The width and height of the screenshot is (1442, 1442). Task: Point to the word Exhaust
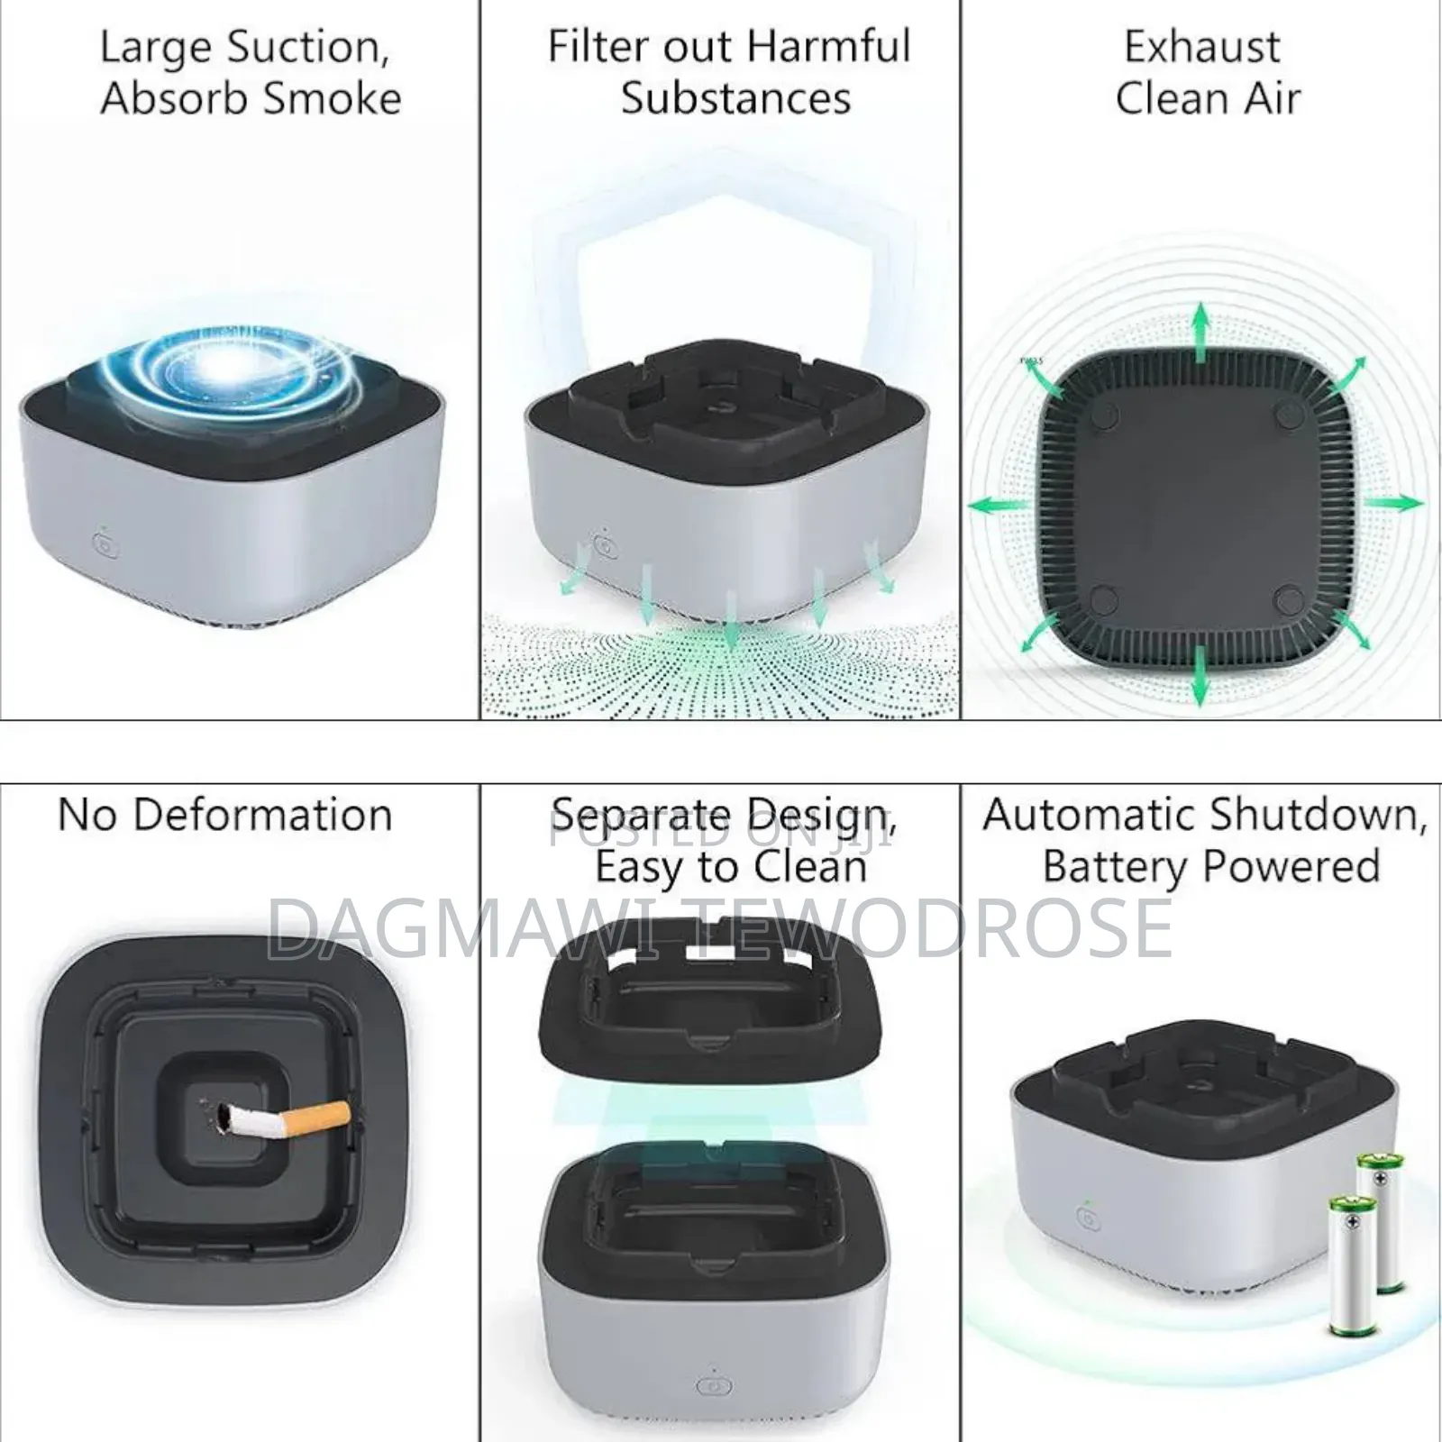1202,47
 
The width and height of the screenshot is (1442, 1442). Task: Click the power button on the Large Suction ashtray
105,546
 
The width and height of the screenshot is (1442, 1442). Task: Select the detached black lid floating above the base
712,1000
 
